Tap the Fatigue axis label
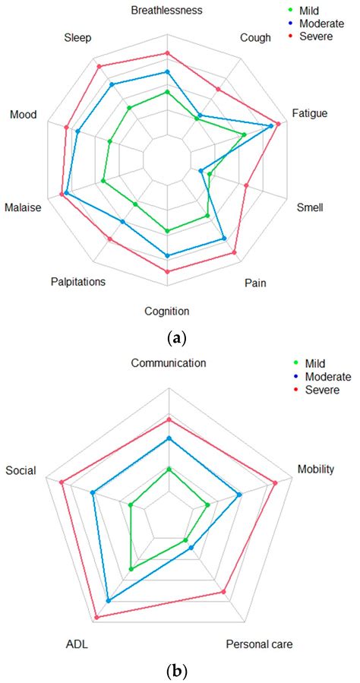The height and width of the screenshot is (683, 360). [x=309, y=113]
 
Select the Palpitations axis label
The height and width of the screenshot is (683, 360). [x=78, y=282]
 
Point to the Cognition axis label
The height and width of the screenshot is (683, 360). [x=167, y=311]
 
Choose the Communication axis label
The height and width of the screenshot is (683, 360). [x=168, y=363]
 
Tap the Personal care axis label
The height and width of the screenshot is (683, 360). [x=259, y=644]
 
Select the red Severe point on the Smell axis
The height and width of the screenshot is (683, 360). [x=246, y=185]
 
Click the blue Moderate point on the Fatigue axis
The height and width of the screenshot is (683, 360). [x=272, y=126]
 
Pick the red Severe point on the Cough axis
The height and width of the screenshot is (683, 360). [x=218, y=89]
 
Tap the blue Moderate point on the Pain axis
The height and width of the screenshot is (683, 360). [x=224, y=239]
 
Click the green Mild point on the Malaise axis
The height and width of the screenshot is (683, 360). [x=103, y=181]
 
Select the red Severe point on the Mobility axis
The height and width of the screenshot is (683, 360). [x=275, y=482]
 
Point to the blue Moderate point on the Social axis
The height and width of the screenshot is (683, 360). [x=93, y=493]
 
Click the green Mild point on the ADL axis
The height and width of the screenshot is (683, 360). [x=131, y=568]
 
